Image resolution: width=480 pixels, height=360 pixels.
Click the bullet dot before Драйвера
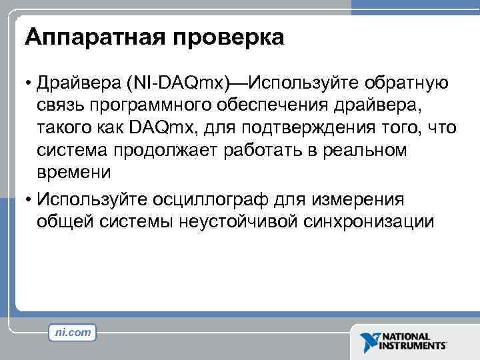(x=29, y=83)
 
